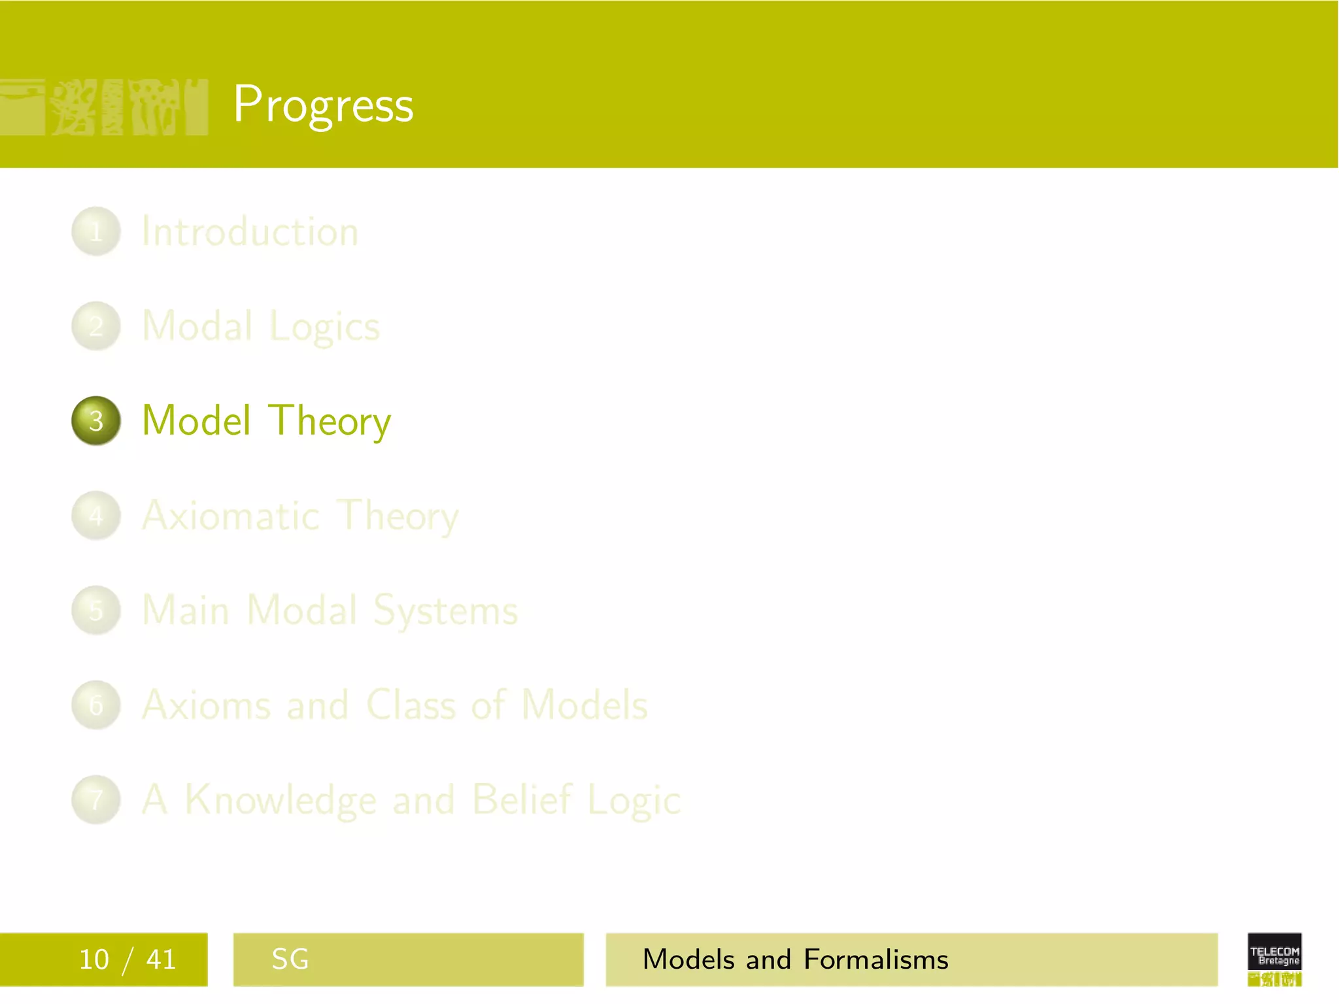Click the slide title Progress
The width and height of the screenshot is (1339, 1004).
323,105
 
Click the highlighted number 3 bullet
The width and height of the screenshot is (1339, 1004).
96,421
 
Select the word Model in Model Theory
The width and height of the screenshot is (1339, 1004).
196,420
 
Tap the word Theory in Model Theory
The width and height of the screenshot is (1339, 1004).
330,422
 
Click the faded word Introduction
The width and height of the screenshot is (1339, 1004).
250,231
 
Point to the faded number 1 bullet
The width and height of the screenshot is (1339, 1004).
96,231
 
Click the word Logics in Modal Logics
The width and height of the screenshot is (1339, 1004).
324,327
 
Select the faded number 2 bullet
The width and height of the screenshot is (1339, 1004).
96,326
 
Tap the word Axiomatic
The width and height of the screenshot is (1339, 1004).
231,516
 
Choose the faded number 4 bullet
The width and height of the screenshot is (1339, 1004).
96,516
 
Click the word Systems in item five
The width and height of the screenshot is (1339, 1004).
445,611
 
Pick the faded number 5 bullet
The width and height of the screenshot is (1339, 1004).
96,611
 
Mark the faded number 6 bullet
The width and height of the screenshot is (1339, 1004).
96,705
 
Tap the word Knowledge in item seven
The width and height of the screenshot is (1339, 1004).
281,800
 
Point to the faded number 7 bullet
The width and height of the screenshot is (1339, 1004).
96,799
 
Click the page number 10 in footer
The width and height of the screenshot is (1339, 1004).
93,960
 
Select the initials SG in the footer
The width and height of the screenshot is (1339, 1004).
290,960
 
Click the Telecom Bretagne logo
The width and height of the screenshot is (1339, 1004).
1274,958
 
